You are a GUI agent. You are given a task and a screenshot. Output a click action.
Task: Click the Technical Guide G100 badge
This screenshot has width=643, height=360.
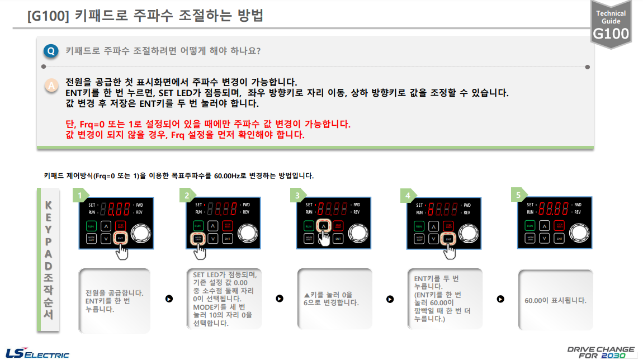click(x=611, y=25)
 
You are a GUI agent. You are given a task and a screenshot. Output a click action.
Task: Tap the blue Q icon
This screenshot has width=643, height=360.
click(x=51, y=51)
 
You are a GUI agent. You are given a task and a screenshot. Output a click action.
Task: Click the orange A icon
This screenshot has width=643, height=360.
click(x=51, y=86)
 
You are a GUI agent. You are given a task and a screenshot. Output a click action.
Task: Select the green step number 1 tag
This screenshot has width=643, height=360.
click(x=81, y=196)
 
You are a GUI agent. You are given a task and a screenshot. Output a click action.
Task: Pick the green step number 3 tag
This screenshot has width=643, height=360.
click(x=298, y=196)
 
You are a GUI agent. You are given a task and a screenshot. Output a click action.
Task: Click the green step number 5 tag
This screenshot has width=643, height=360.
click(x=519, y=196)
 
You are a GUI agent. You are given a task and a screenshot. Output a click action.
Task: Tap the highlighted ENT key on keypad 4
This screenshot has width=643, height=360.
click(x=448, y=239)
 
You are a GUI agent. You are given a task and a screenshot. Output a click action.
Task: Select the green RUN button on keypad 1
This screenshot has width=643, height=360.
click(x=91, y=226)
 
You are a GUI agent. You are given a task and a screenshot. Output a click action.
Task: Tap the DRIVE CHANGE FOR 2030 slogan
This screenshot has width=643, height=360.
click(x=601, y=352)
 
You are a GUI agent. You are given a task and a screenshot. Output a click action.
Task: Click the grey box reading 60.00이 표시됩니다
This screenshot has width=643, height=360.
click(x=555, y=300)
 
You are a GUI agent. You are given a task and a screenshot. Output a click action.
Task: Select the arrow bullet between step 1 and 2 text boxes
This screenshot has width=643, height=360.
click(x=169, y=298)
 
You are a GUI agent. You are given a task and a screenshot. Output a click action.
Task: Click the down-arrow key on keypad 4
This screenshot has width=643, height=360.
click(x=433, y=239)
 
